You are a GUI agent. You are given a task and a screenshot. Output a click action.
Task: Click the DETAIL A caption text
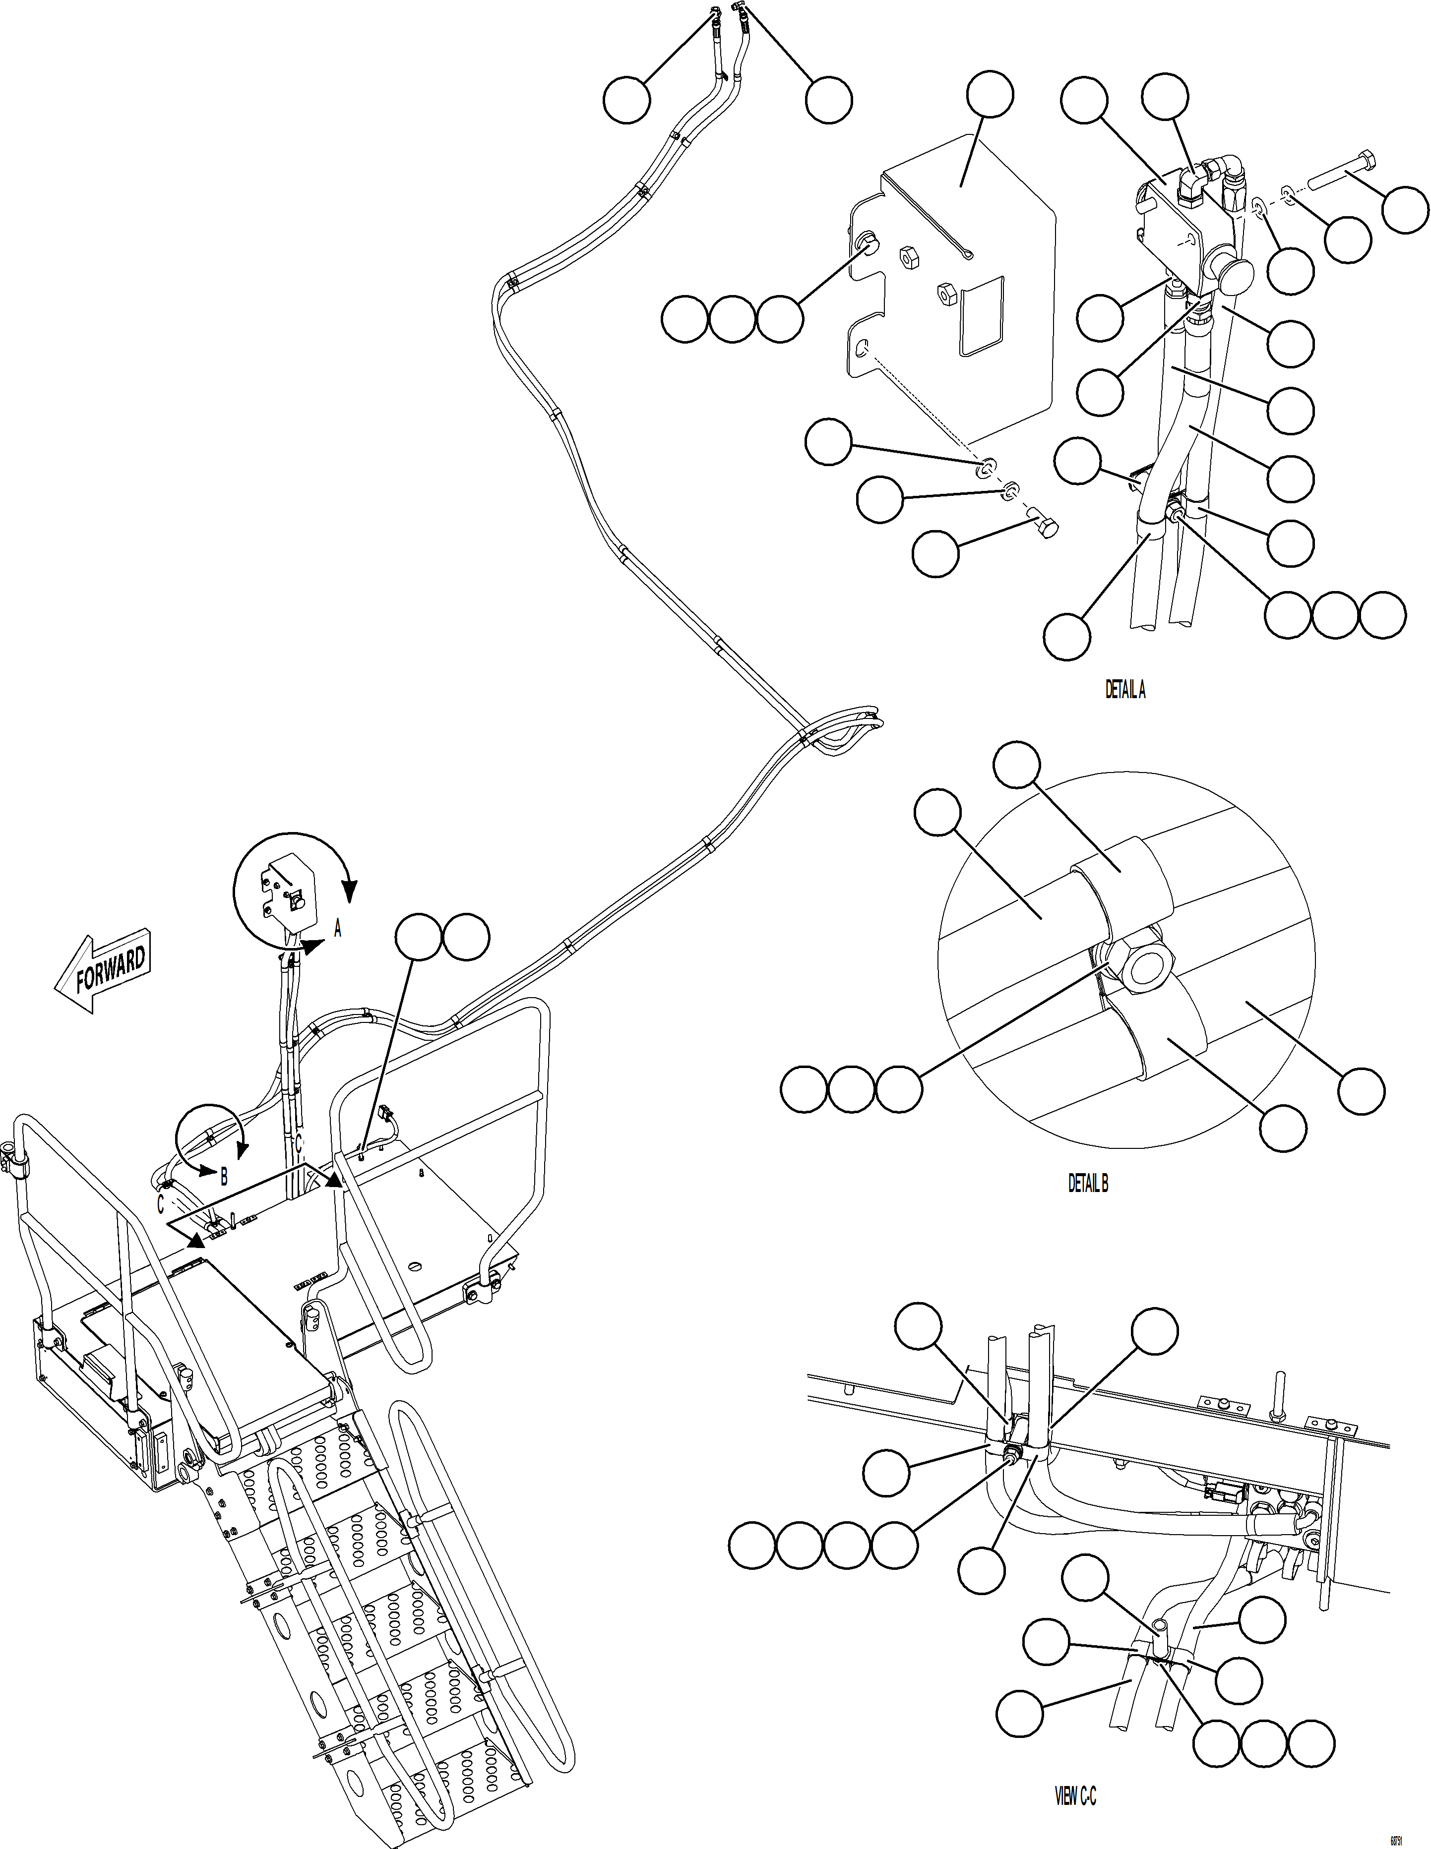click(x=1125, y=691)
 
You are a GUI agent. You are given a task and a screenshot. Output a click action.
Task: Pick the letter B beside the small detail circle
click(x=224, y=1177)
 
